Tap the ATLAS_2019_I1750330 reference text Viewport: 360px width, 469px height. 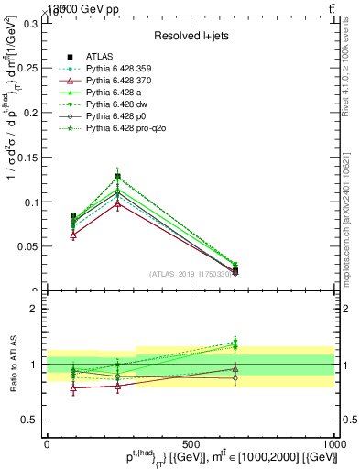click(190, 274)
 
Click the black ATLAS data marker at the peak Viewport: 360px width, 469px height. click(117, 176)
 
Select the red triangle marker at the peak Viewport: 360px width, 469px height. click(117, 203)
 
